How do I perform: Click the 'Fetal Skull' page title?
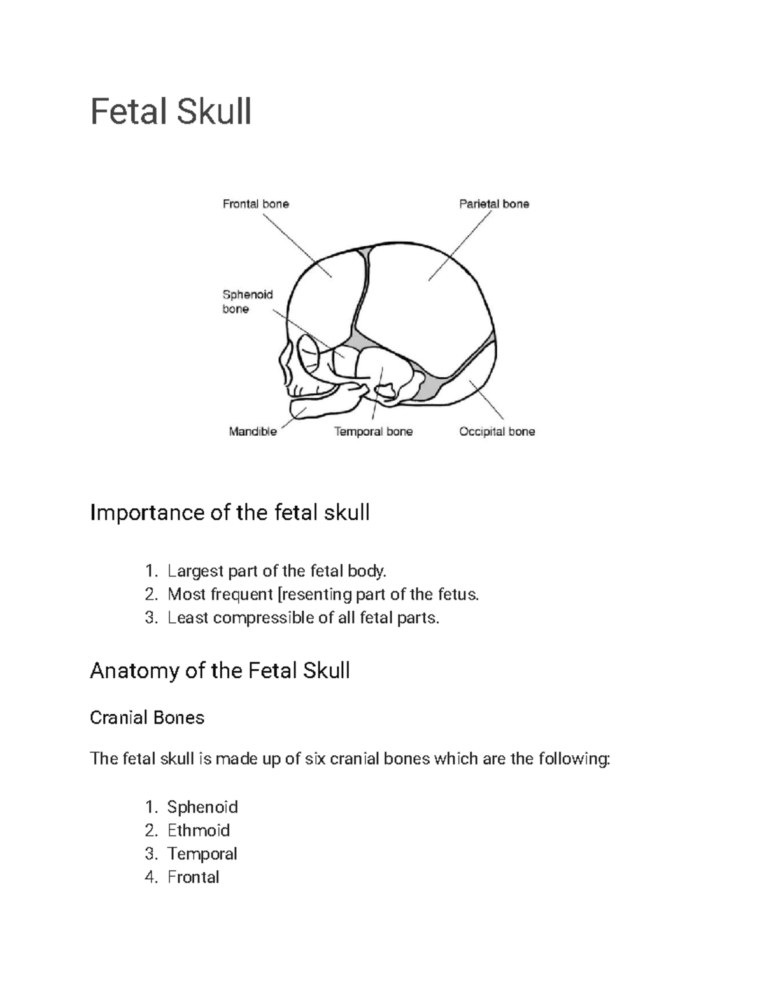click(x=171, y=112)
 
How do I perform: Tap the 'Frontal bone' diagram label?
click(x=255, y=204)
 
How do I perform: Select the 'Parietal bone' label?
click(x=494, y=204)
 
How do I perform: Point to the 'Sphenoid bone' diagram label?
click(x=247, y=302)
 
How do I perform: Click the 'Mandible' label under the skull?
click(x=253, y=432)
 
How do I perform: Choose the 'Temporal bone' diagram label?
click(x=374, y=432)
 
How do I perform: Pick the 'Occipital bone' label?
click(x=497, y=432)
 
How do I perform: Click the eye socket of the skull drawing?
click(x=311, y=356)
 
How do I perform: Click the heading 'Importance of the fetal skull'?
click(x=230, y=512)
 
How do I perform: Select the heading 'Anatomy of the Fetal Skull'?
click(x=220, y=671)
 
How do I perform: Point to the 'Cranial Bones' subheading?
click(x=147, y=718)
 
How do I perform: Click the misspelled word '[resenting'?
click(x=315, y=594)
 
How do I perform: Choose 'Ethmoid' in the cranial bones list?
click(x=198, y=830)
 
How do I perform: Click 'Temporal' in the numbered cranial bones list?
click(x=202, y=854)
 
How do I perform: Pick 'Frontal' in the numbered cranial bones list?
click(x=193, y=877)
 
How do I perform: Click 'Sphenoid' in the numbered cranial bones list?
click(x=202, y=807)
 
